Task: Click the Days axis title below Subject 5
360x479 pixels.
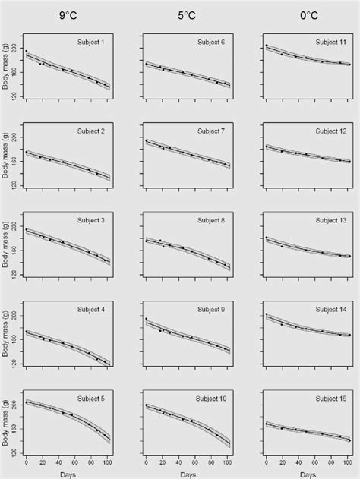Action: tap(68, 473)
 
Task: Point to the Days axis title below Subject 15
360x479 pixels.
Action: tap(307, 473)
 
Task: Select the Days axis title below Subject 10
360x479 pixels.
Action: tap(188, 473)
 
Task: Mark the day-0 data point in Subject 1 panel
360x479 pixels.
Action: tap(27, 50)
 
